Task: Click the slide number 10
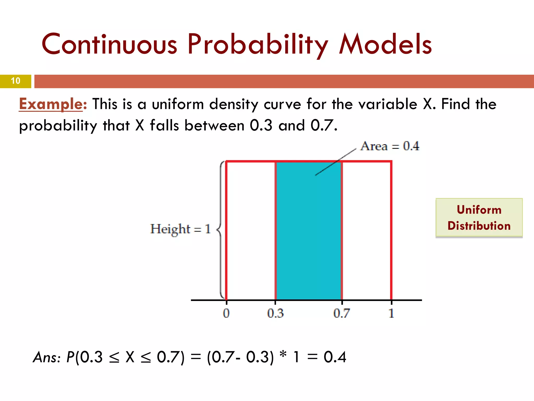coord(16,81)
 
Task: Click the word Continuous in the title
coord(110,44)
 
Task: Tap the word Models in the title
coord(385,44)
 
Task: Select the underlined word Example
coord(51,104)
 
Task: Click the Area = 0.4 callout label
coord(390,146)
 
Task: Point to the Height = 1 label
coord(180,229)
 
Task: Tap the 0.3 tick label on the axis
coord(275,313)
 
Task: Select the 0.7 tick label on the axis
coord(341,313)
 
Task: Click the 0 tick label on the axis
coord(226,313)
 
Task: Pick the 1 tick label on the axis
coord(391,313)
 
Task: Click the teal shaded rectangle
coord(308,235)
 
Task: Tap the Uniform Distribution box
coord(479,218)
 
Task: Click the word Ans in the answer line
coord(45,357)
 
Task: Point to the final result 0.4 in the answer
coord(335,357)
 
